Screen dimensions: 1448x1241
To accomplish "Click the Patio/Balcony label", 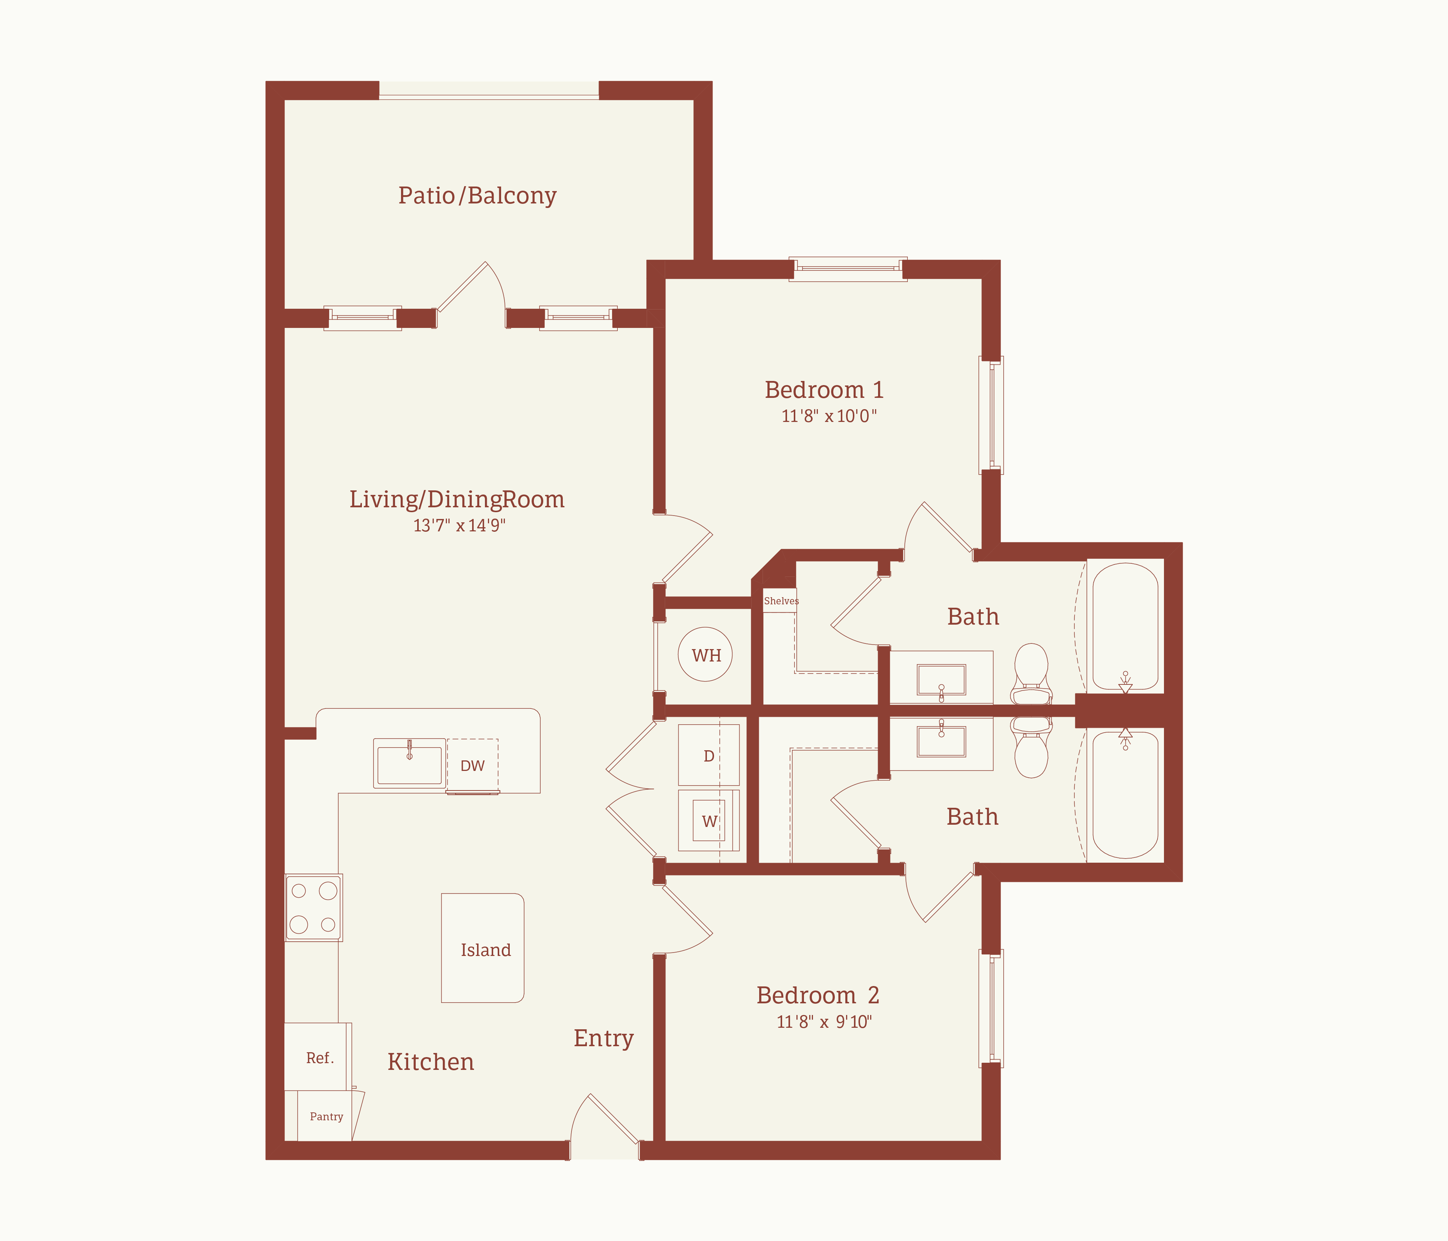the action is (x=477, y=196).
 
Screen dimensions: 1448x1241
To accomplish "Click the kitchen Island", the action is (x=482, y=948).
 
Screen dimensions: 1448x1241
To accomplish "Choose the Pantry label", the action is (x=327, y=1117).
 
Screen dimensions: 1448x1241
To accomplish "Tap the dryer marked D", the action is (x=709, y=756).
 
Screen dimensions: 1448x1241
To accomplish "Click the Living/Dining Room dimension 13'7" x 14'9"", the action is (x=459, y=525).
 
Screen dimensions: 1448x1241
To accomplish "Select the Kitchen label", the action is (x=430, y=1062).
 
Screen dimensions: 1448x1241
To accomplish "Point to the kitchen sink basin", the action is (x=410, y=764).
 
